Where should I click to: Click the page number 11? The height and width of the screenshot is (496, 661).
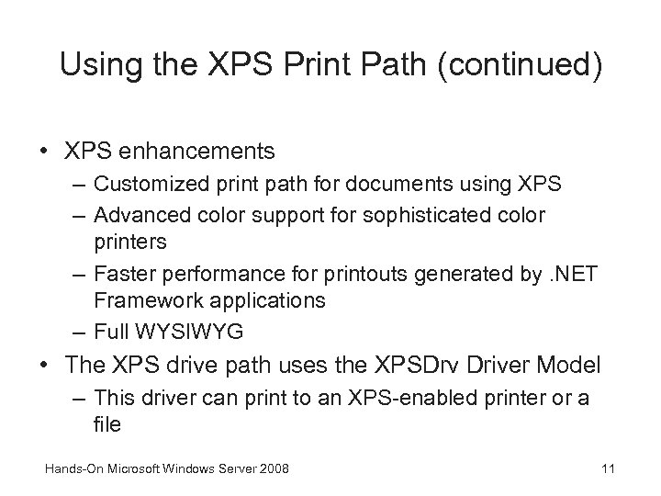607,469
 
